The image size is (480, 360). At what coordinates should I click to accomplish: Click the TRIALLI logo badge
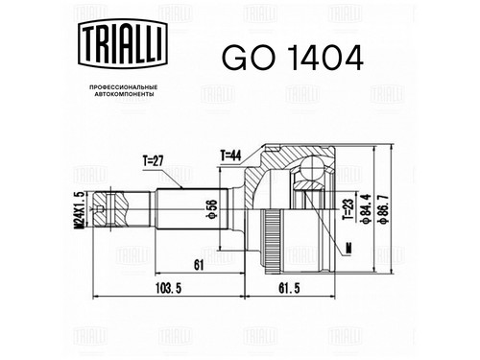[123, 44]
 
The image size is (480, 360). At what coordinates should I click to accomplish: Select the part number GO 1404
[293, 58]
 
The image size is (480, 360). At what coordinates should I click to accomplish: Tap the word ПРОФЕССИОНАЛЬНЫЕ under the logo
[123, 87]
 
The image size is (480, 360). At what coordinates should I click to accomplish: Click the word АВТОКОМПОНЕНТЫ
[125, 94]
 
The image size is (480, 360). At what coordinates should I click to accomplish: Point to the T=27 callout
[153, 161]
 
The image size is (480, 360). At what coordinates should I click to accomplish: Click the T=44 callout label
[230, 156]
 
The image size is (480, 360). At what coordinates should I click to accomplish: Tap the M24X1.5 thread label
[79, 209]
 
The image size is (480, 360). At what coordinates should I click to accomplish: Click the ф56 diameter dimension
[212, 209]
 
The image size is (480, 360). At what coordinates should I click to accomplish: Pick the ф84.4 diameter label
[366, 208]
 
